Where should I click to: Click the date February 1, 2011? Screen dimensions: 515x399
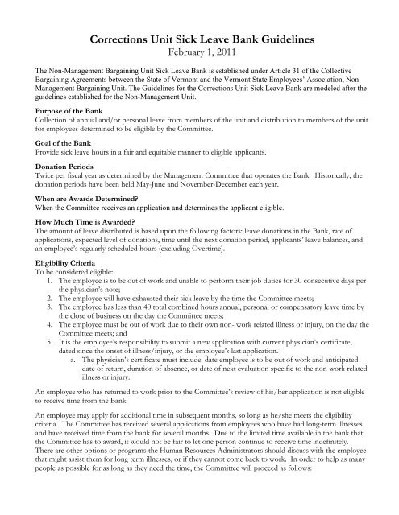coord(199,52)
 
